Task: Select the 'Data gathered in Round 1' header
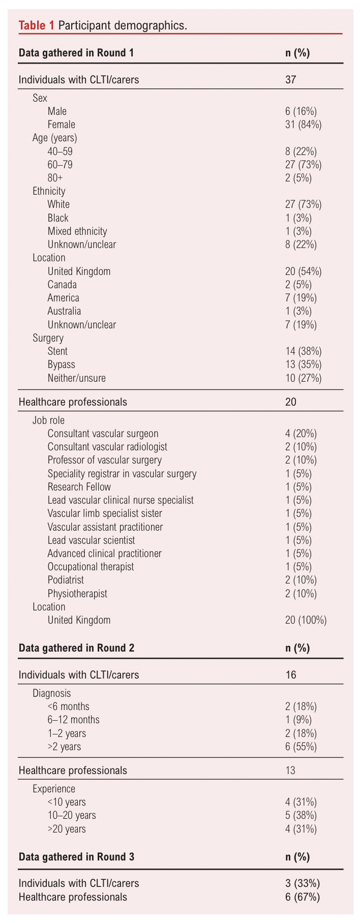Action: [x=76, y=53]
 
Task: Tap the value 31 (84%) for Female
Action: [x=303, y=125]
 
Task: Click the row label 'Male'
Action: [x=57, y=111]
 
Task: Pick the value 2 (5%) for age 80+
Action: [x=298, y=178]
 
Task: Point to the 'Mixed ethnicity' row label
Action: [x=77, y=231]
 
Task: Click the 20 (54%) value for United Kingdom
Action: [x=303, y=271]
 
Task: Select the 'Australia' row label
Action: [x=64, y=311]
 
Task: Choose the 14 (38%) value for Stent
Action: [x=303, y=351]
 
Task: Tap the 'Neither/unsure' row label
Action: [x=76, y=378]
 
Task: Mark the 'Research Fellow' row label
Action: [x=79, y=487]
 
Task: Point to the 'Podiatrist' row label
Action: [x=66, y=580]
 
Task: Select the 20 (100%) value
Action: [x=306, y=620]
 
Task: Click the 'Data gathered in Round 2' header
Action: [x=76, y=648]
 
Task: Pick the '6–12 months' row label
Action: [x=73, y=720]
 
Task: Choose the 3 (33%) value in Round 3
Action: [x=303, y=883]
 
